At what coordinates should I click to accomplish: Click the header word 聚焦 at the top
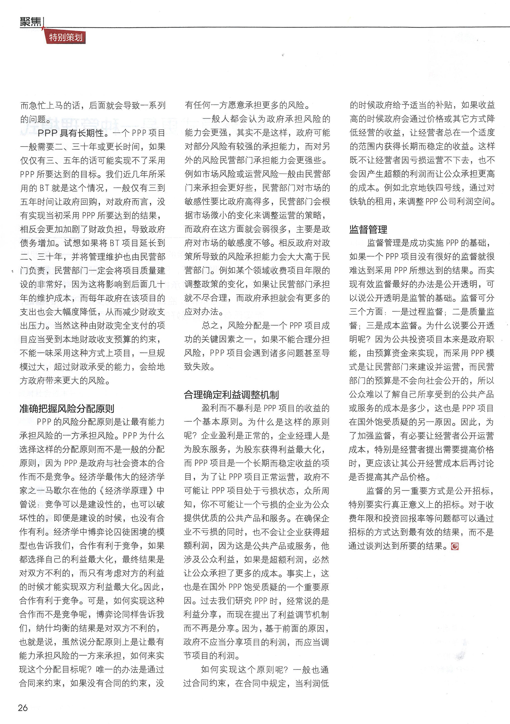(x=30, y=21)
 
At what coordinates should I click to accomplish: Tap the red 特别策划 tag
(x=66, y=38)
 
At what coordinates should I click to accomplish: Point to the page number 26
(x=23, y=708)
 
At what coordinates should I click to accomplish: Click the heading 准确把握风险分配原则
(x=67, y=409)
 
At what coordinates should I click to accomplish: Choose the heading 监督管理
(x=368, y=229)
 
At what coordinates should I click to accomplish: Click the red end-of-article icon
(x=455, y=546)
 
